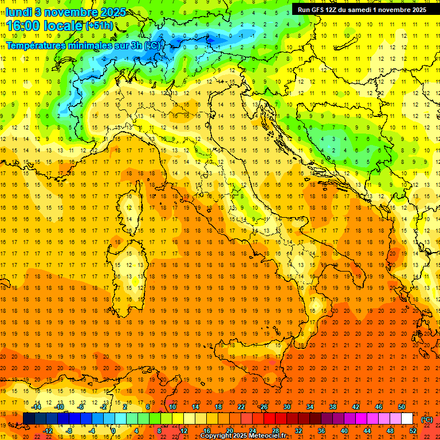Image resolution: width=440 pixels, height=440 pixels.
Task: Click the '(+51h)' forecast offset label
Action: [99, 26]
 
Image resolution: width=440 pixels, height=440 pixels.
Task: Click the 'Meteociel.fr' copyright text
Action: [266, 436]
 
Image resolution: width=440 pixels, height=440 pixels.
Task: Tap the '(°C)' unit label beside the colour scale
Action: [427, 419]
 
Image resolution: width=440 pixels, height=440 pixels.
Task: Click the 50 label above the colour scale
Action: [402, 407]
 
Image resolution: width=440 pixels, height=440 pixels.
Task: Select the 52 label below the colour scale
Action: [413, 431]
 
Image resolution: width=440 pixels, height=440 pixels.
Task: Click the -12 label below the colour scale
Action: [48, 431]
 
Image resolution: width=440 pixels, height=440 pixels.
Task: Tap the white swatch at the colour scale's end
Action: [407, 419]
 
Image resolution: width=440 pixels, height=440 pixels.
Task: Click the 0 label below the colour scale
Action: [114, 431]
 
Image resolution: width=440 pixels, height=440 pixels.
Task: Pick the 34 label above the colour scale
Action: [310, 407]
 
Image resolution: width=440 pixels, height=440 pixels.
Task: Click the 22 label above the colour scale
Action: [241, 407]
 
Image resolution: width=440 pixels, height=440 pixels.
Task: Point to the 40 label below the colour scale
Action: [344, 431]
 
